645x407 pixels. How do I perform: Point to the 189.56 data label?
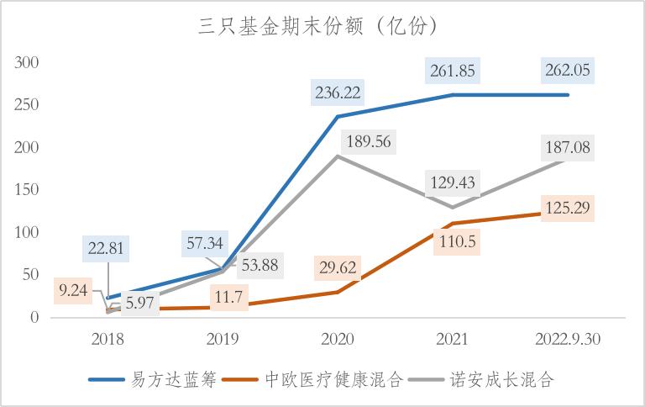coord(369,141)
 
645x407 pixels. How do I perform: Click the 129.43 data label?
coord(451,182)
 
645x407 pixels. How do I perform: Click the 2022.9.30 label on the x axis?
coord(569,338)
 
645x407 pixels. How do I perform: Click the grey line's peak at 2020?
coord(338,156)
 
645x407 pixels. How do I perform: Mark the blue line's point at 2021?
coord(454,95)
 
